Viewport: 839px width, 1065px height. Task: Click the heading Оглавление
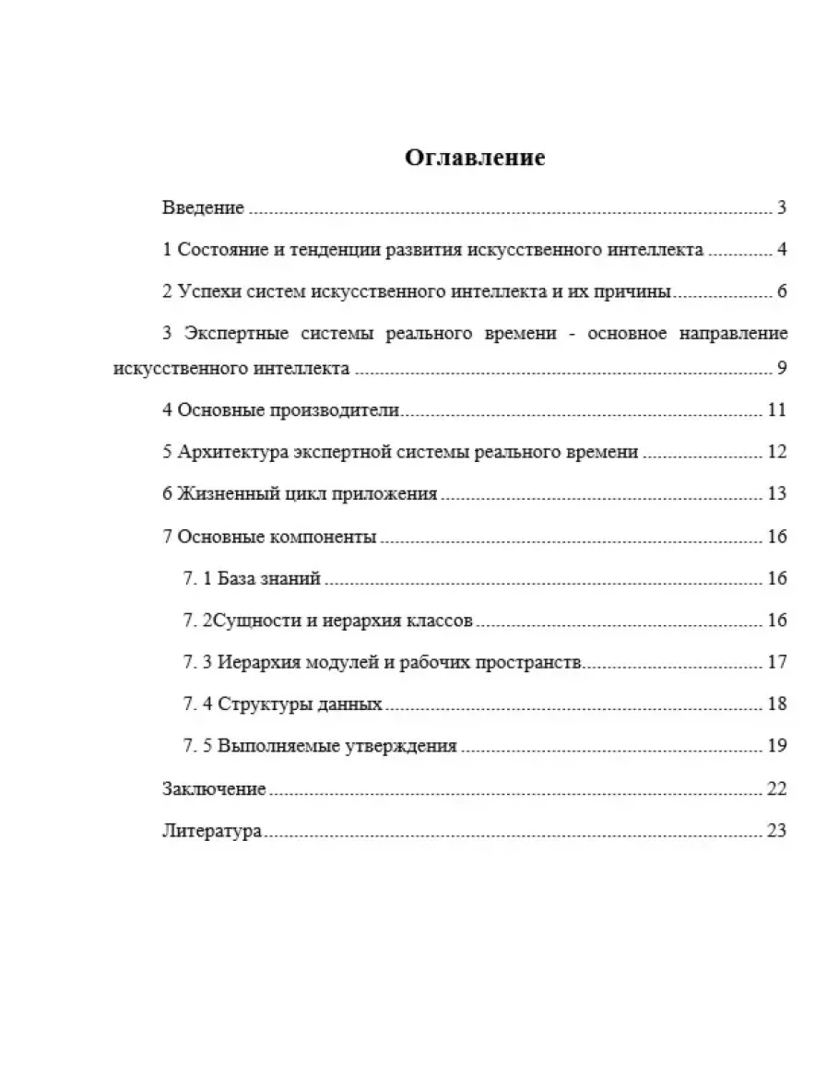coord(475,158)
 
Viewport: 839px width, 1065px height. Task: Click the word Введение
coord(203,207)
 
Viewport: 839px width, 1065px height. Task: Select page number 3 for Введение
coord(781,207)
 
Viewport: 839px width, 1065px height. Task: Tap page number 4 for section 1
coord(781,250)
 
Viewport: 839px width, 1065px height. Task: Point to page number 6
coord(781,293)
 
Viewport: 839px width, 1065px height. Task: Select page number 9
coord(781,369)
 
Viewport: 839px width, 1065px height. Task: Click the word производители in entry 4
coord(331,411)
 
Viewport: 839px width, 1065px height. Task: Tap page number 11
coord(776,411)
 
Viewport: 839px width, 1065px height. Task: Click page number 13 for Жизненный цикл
coord(776,494)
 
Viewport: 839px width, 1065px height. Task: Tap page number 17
coord(776,663)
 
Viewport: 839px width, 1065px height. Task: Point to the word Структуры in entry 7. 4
coord(259,704)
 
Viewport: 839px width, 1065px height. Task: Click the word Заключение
coord(214,789)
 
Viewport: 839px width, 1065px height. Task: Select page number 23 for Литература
coord(776,831)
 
